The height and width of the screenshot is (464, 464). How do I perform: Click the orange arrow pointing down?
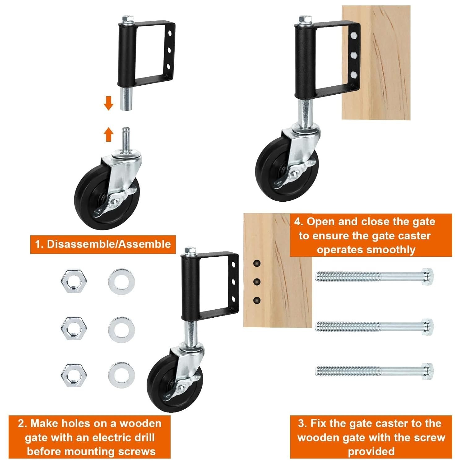click(x=108, y=103)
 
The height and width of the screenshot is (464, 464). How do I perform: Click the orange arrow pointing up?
click(x=108, y=135)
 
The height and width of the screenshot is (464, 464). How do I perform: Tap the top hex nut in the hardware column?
click(x=74, y=281)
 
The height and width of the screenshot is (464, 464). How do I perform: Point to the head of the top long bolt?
click(x=427, y=275)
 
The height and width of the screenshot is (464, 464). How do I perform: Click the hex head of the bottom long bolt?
click(x=427, y=370)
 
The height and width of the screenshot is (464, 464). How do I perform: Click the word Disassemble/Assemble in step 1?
click(x=109, y=244)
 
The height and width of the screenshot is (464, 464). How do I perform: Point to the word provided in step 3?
click(x=371, y=452)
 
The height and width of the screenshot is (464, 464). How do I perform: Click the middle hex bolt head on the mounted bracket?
click(x=354, y=55)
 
